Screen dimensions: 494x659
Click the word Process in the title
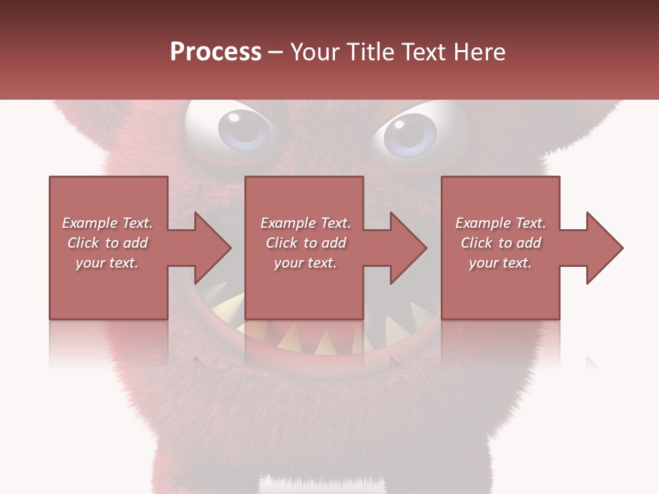point(216,51)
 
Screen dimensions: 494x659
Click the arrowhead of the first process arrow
point(213,248)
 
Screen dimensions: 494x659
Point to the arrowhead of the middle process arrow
point(409,248)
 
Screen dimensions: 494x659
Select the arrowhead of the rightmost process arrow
point(605,248)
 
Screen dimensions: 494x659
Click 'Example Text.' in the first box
point(107,223)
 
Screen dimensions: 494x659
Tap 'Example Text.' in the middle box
point(305,223)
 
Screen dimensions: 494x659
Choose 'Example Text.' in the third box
point(500,223)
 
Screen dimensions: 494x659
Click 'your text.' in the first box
point(107,263)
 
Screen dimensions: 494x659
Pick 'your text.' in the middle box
point(305,263)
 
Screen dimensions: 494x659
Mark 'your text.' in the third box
point(500,263)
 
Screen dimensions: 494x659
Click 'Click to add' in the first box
point(107,243)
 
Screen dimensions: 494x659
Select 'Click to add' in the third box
point(500,243)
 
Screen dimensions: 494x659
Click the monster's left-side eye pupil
point(244,129)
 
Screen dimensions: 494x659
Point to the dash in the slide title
point(276,53)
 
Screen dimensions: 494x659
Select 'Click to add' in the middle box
point(305,243)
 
